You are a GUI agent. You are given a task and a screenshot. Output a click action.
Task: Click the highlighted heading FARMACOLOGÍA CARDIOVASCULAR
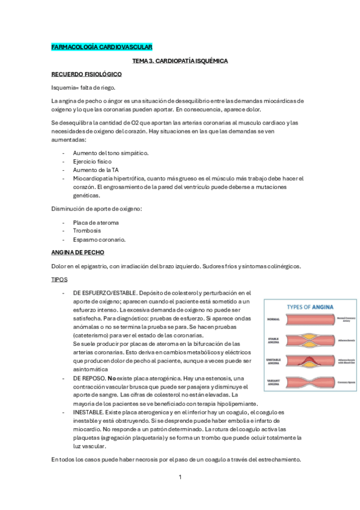(102, 47)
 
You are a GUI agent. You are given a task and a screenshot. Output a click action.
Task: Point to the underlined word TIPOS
(59, 280)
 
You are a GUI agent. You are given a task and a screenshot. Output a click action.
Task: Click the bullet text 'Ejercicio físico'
(93, 161)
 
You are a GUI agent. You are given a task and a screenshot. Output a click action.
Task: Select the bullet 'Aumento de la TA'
(95, 170)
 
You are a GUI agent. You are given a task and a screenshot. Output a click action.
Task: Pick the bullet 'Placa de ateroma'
(96, 222)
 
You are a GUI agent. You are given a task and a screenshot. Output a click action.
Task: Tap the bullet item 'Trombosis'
(87, 230)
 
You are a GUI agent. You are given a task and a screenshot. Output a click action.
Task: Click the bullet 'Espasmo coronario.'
(99, 239)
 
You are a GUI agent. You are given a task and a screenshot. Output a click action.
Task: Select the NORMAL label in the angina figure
(273, 319)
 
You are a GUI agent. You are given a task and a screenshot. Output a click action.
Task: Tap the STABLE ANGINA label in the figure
(273, 341)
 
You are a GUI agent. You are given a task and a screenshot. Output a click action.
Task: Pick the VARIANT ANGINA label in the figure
(273, 382)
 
